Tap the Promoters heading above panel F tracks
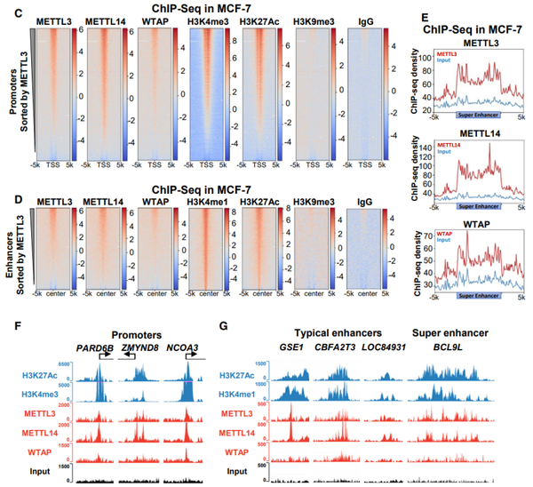tap(142, 328)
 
